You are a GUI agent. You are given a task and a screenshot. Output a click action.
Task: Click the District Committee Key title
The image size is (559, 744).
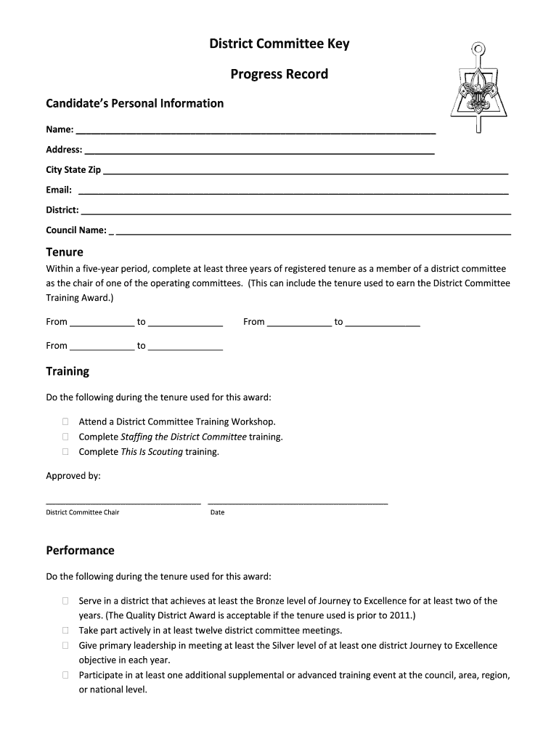(279, 44)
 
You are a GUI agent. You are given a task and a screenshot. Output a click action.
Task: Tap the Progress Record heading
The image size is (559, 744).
(279, 74)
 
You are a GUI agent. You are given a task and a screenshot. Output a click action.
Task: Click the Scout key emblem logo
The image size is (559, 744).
(476, 91)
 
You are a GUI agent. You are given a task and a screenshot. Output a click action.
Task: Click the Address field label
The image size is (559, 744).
(64, 150)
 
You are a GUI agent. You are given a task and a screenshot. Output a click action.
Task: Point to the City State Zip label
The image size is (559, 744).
(73, 170)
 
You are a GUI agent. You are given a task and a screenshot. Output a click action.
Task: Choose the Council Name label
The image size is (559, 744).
(76, 230)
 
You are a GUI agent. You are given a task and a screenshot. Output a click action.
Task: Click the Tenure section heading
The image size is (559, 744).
(65, 252)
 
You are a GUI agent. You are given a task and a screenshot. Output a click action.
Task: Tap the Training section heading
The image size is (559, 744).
(68, 371)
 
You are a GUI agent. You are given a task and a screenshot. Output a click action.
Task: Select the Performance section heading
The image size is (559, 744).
(80, 550)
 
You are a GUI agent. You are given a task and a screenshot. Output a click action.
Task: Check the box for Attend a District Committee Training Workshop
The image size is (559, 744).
(65, 421)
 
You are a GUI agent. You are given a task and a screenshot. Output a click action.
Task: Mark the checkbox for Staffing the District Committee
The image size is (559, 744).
(65, 437)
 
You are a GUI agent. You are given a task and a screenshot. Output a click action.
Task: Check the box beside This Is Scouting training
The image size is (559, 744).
(65, 452)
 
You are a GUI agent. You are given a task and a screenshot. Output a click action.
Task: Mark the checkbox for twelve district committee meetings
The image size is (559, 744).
(65, 631)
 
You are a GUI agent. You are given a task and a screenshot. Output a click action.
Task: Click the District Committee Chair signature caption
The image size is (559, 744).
(83, 512)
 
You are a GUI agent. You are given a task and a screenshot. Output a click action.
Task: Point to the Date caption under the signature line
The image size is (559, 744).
(217, 512)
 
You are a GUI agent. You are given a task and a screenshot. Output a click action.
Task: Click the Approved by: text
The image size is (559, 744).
(73, 476)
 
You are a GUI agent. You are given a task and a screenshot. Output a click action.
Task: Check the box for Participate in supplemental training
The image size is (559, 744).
(65, 675)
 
